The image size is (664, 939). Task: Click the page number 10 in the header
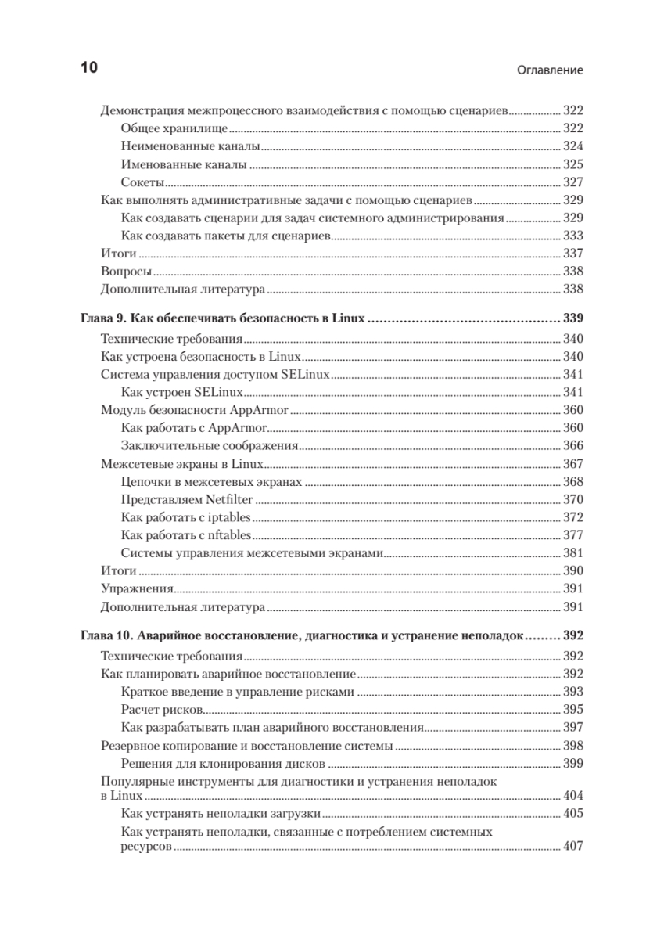(x=88, y=68)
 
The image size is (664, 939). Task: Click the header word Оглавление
(x=551, y=70)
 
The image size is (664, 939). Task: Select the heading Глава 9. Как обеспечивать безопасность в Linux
(x=224, y=319)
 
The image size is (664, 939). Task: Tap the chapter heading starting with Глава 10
(x=301, y=635)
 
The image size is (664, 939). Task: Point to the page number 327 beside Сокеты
(x=573, y=182)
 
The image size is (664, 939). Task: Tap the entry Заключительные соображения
(x=211, y=445)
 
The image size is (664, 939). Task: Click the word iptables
(x=230, y=517)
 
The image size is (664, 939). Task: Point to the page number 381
(x=573, y=553)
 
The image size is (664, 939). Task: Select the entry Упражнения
(x=138, y=589)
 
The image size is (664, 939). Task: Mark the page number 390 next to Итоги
(x=573, y=571)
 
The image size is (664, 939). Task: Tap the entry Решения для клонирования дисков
(x=224, y=764)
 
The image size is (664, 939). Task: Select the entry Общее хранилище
(x=175, y=128)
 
